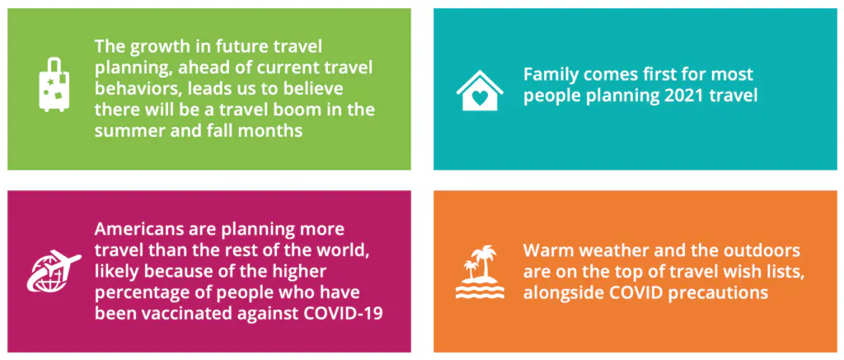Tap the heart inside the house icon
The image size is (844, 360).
[480, 98]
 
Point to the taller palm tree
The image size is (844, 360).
[486, 262]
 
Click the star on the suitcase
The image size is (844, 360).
[52, 82]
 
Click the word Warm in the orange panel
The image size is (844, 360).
[546, 251]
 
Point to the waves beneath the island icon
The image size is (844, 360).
[479, 289]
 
